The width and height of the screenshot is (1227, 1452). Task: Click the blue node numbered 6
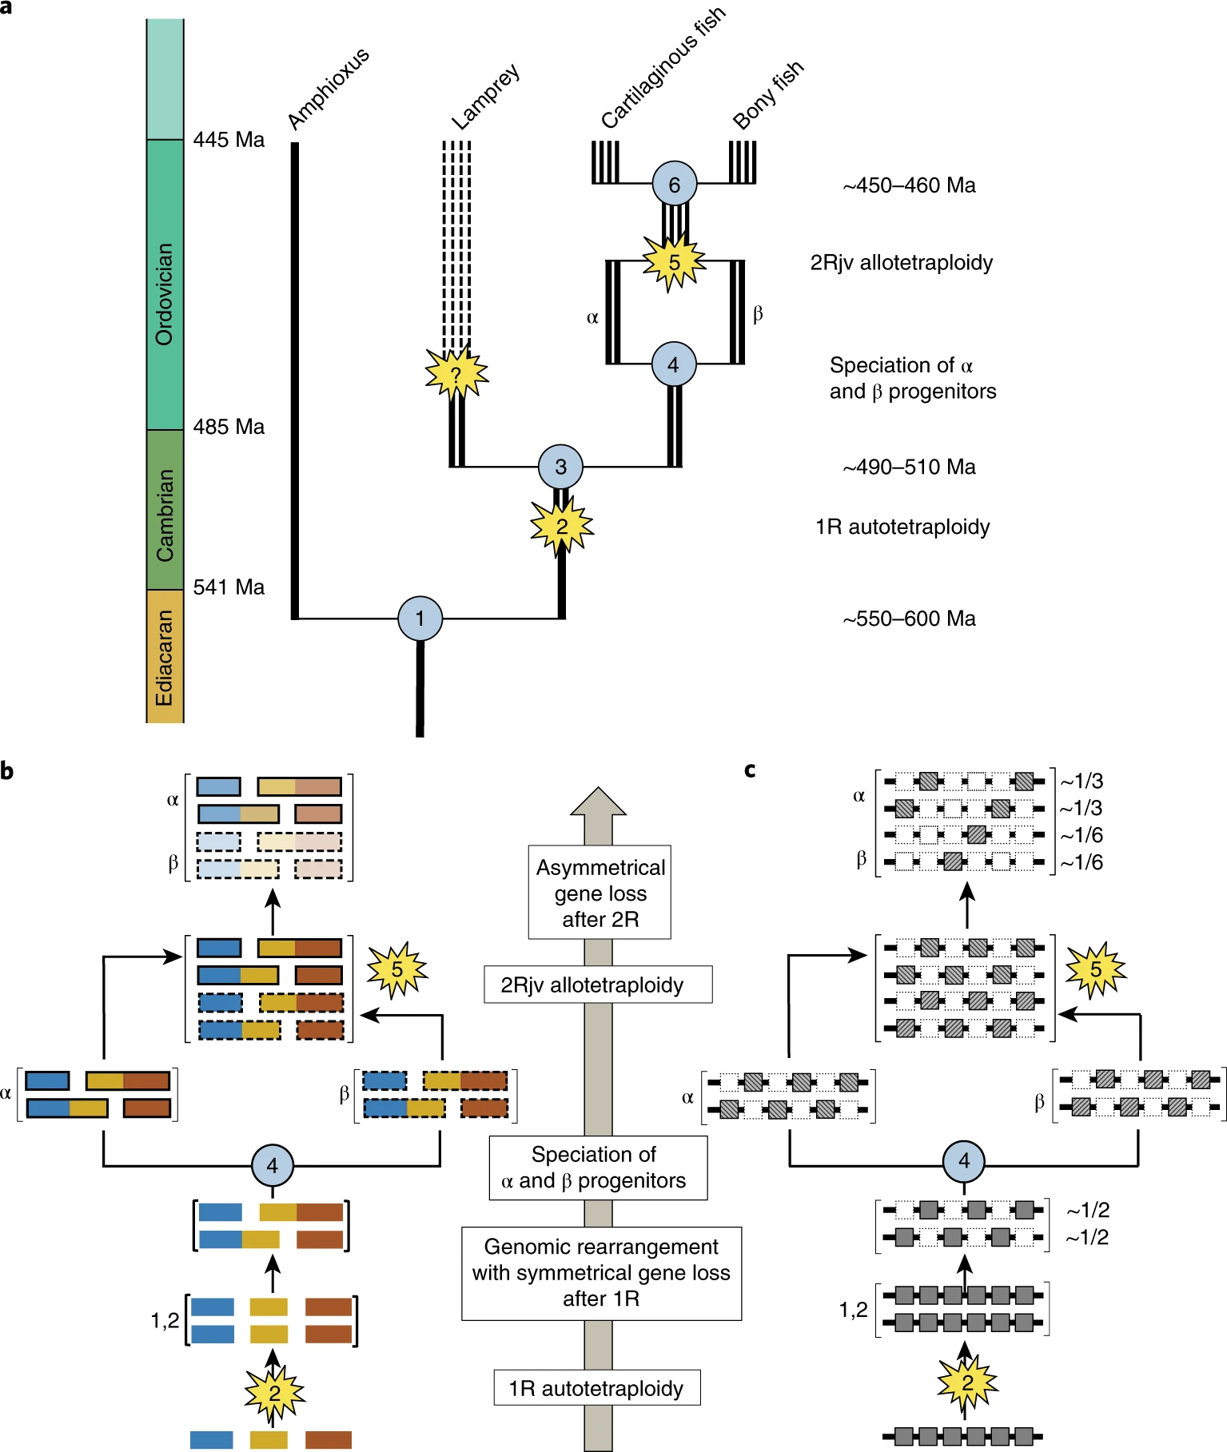[x=674, y=185]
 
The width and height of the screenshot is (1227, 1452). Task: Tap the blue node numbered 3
[x=560, y=467]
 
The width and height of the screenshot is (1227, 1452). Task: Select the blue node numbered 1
[x=420, y=619]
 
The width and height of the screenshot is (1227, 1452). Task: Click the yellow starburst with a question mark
[x=456, y=373]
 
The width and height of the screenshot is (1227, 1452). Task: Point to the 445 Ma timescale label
[x=229, y=140]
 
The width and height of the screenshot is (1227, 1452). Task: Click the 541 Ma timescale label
[x=229, y=587]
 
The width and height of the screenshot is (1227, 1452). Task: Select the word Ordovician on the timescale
[x=165, y=293]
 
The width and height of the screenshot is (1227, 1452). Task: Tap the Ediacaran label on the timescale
[x=165, y=658]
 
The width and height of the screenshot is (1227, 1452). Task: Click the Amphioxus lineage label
[x=328, y=88]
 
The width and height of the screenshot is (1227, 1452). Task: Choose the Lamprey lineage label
[x=485, y=97]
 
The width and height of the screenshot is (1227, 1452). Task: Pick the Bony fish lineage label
[x=767, y=95]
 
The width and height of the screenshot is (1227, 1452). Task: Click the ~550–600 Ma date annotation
[x=909, y=619]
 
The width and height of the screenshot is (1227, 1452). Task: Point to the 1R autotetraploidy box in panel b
[x=596, y=1388]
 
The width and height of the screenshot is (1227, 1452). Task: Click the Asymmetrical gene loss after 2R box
[x=600, y=893]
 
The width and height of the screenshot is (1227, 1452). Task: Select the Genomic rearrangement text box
[x=601, y=1273]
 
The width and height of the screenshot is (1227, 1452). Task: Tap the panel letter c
[x=750, y=770]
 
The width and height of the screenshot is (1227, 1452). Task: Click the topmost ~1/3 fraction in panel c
[x=1081, y=782]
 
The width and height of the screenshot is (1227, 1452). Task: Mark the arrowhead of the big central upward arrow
[x=598, y=802]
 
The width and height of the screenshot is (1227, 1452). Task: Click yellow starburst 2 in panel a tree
[x=561, y=526]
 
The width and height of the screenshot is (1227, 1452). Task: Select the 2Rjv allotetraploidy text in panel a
[x=901, y=263]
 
